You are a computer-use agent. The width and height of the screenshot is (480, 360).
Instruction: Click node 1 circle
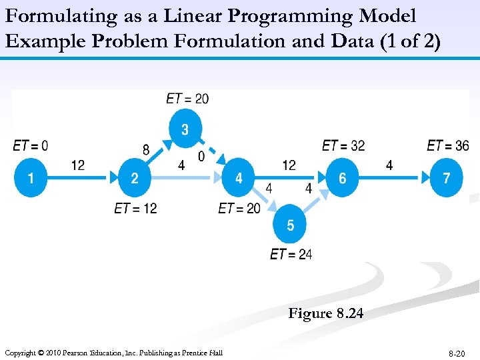[31, 178]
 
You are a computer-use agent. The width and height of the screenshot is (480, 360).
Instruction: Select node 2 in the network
[135, 178]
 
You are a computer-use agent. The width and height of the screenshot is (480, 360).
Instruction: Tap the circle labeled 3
[186, 129]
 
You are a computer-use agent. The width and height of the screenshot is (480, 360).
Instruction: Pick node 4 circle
[239, 178]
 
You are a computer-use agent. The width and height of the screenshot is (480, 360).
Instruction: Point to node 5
[290, 226]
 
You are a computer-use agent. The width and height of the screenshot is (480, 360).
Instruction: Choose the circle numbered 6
[343, 178]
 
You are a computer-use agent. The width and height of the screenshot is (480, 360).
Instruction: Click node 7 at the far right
[447, 178]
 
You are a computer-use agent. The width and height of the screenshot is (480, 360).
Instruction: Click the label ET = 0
[30, 145]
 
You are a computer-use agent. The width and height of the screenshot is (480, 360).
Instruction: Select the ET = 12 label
[135, 209]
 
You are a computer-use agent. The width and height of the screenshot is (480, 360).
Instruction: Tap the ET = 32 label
[343, 145]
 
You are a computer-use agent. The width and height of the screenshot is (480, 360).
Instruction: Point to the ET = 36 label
[448, 145]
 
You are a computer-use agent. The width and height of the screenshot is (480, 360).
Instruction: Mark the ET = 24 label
[291, 254]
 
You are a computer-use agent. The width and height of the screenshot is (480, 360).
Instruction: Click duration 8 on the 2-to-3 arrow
[146, 150]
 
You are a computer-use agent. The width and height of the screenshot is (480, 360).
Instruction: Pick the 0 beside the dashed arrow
[201, 157]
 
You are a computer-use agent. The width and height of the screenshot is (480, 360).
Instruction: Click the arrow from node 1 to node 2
[83, 178]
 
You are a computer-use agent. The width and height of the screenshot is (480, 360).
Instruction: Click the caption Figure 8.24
[326, 313]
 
